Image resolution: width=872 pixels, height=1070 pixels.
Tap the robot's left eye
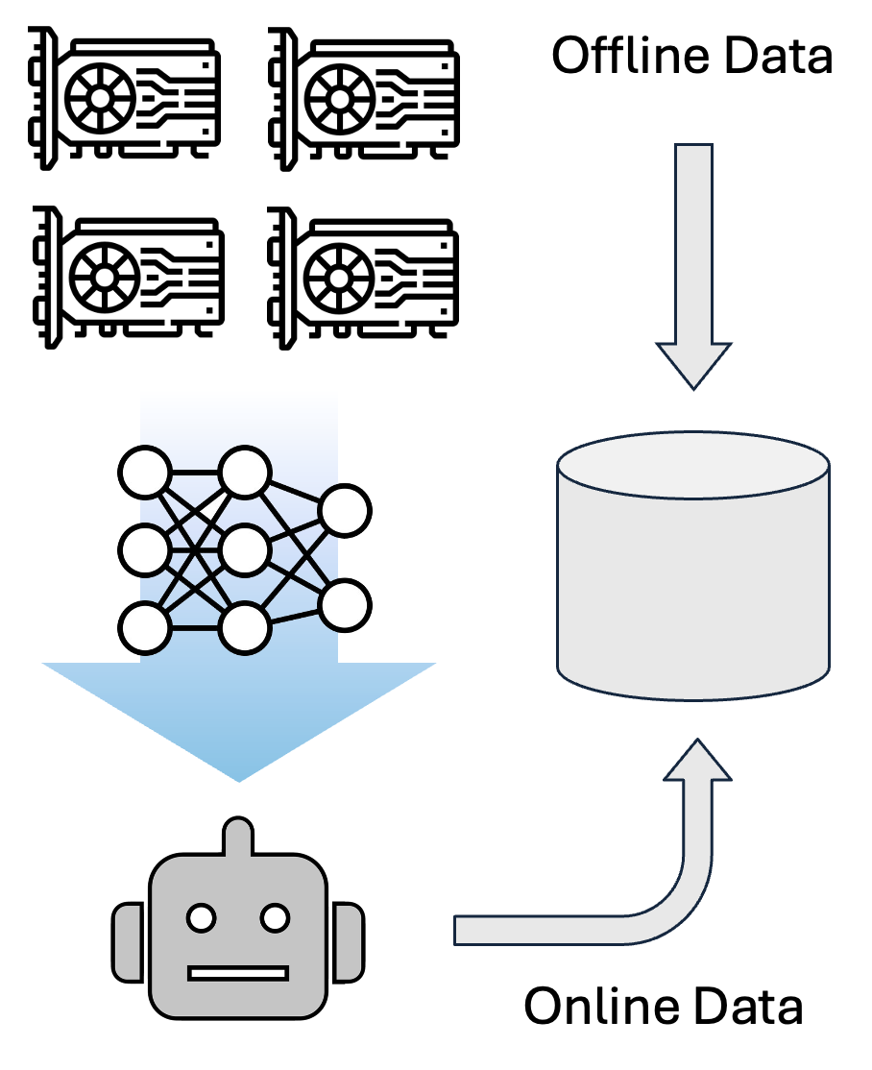click(203, 918)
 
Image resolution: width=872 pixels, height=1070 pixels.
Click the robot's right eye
click(276, 918)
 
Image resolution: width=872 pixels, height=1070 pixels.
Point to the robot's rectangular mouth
click(238, 973)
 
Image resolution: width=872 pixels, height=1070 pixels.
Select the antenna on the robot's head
click(238, 836)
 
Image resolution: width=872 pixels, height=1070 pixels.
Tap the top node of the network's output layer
click(345, 511)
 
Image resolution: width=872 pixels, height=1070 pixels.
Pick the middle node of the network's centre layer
click(245, 550)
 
